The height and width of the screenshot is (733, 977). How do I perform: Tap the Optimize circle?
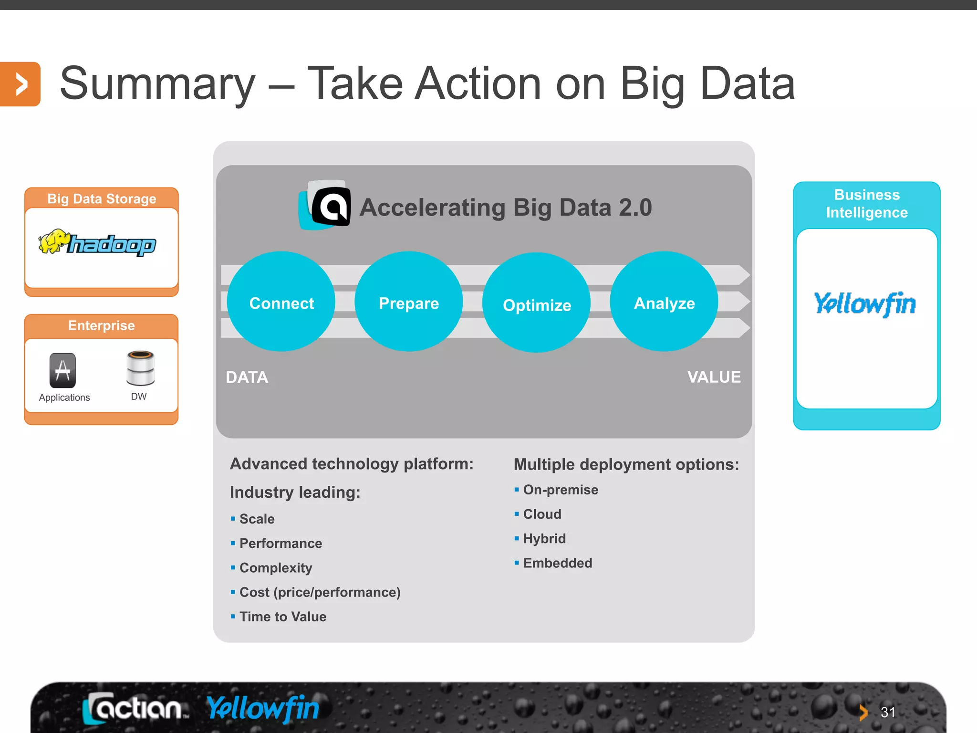(x=537, y=303)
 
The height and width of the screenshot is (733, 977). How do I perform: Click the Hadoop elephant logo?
(x=97, y=243)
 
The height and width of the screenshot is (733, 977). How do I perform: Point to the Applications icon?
(x=62, y=370)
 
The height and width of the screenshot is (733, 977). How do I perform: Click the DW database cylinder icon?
(x=140, y=368)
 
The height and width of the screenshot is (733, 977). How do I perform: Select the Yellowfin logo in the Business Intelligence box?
(x=865, y=304)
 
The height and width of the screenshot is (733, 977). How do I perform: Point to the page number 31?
(x=888, y=712)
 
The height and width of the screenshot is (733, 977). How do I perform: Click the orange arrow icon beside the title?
(x=20, y=84)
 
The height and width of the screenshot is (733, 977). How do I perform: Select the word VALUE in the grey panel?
(x=714, y=377)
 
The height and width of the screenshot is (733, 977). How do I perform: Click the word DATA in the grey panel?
(x=247, y=377)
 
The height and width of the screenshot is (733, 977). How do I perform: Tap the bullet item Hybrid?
(x=544, y=539)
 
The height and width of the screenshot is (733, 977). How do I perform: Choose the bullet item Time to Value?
(x=283, y=617)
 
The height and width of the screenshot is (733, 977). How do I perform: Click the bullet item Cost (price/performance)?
(x=320, y=592)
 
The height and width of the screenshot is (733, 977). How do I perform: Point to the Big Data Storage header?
(x=102, y=199)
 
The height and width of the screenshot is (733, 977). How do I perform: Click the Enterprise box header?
(x=102, y=325)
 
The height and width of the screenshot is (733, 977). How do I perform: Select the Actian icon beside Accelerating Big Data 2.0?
(x=325, y=205)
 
